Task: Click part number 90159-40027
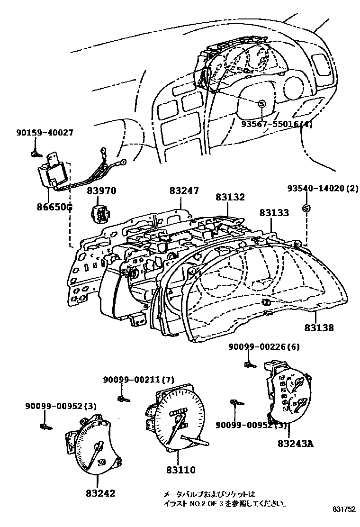(42, 134)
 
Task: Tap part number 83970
(101, 191)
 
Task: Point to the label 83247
(184, 191)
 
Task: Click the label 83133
(274, 213)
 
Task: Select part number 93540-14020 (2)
(323, 188)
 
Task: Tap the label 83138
(319, 327)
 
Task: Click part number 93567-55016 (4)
(277, 124)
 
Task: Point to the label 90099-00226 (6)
(265, 347)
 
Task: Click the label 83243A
(296, 444)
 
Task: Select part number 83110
(181, 470)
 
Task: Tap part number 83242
(100, 493)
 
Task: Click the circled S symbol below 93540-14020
(306, 208)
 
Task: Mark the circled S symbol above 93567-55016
(261, 104)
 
